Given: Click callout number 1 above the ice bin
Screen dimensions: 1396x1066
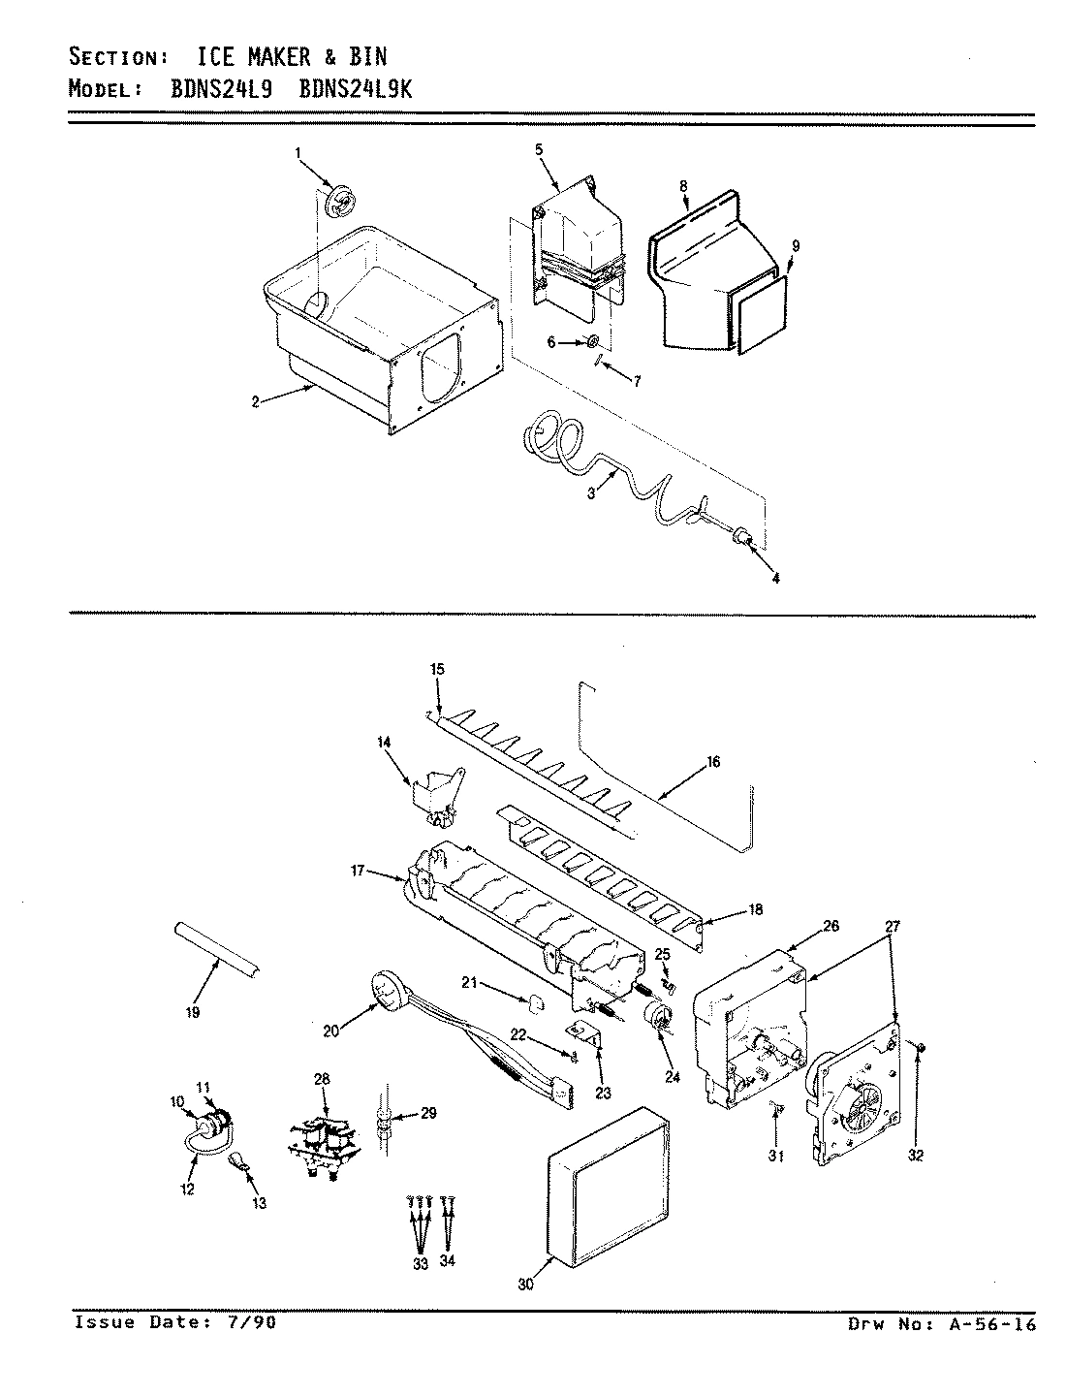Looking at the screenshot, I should pos(298,152).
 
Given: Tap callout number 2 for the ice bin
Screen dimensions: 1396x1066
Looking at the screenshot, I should pos(255,401).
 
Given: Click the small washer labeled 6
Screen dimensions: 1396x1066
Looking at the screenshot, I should pos(589,341).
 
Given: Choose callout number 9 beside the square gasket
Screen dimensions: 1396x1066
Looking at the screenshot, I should pos(795,246).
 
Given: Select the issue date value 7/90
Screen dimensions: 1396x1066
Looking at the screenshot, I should pos(255,1322).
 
